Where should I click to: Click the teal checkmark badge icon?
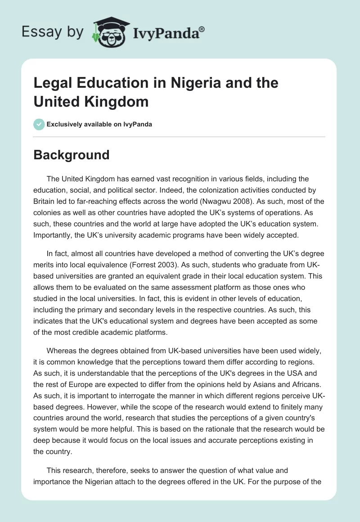coord(39,124)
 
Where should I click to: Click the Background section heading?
coord(71,155)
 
